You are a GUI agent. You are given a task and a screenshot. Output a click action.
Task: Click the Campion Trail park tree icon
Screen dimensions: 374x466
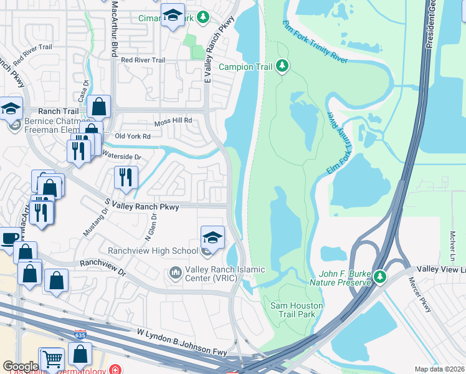[x=282, y=66]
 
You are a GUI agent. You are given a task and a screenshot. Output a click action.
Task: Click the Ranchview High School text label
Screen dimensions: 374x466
[x=153, y=251]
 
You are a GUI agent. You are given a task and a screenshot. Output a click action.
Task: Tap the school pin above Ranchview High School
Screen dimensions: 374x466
[x=212, y=237]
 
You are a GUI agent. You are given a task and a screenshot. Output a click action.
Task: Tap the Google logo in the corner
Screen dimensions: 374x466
[x=20, y=367]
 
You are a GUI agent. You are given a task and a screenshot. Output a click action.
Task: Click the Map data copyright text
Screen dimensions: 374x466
[x=439, y=369]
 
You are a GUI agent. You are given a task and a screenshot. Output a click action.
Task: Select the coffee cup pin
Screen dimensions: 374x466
[x=9, y=239]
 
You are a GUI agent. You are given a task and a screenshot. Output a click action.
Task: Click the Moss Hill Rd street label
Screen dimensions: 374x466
[x=173, y=120]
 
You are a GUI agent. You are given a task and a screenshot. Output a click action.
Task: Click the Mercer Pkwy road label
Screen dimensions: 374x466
[x=426, y=299]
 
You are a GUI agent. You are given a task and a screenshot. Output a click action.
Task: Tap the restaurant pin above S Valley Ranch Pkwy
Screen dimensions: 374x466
[x=126, y=178]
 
